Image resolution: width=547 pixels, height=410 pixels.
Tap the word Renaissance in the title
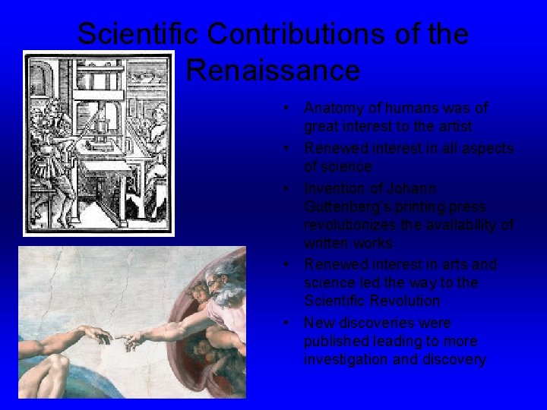coord(273,71)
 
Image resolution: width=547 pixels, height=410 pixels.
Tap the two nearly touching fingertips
coord(117,337)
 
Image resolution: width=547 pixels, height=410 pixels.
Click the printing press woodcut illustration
coord(98,143)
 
